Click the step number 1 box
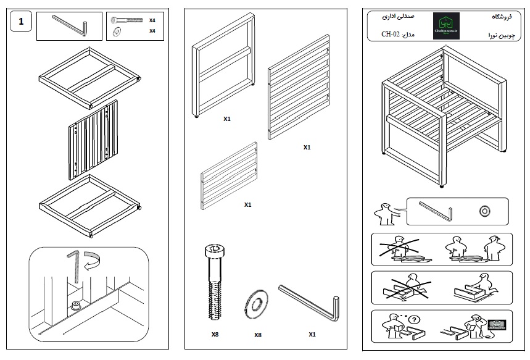(22, 23)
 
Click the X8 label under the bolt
(214, 334)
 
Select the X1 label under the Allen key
(312, 334)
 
